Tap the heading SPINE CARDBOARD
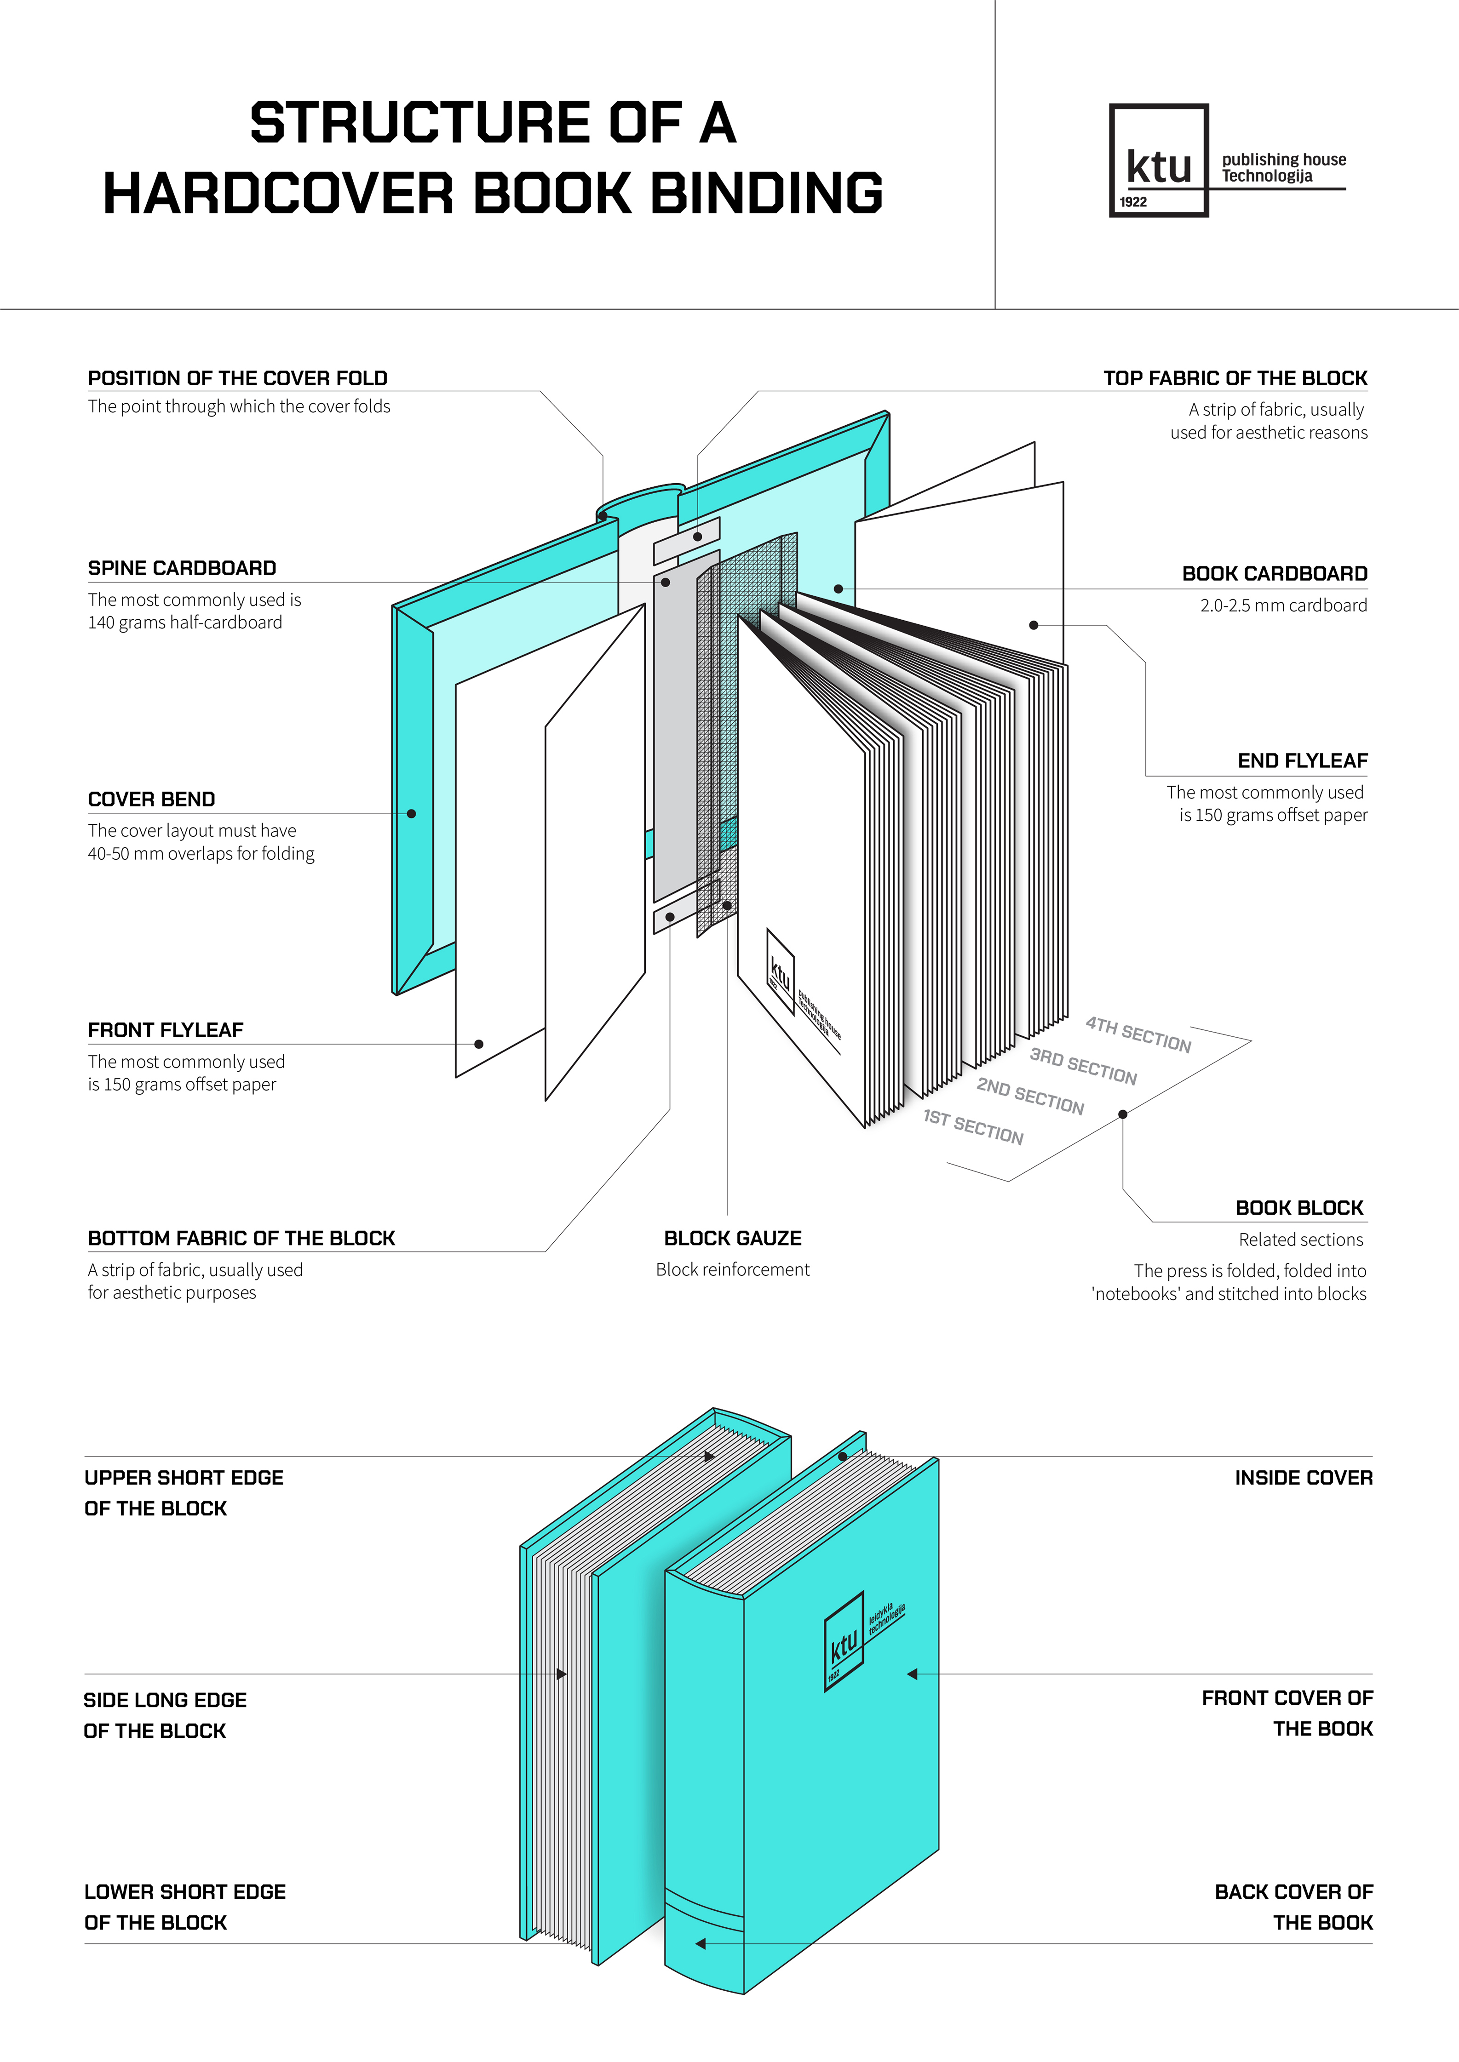tap(182, 569)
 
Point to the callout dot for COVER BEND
tap(412, 814)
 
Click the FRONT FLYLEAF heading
tap(165, 1030)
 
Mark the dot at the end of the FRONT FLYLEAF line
tap(479, 1044)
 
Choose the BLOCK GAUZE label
tap(732, 1239)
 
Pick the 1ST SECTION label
tap(973, 1128)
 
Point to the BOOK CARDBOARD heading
tap(1274, 574)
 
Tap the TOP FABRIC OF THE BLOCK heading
tap(1235, 378)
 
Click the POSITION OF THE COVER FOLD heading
tap(237, 378)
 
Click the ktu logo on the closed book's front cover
tap(844, 1642)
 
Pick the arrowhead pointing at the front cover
tap(912, 1674)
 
